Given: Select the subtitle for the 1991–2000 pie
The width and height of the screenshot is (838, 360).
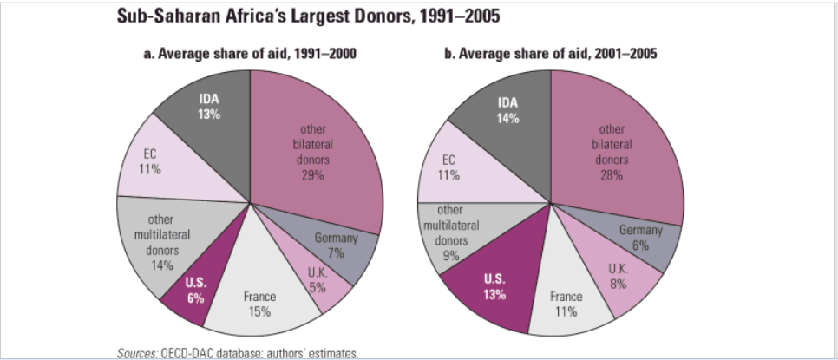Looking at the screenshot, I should click(250, 54).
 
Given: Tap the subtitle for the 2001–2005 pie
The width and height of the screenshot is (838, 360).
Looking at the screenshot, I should click(551, 54).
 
